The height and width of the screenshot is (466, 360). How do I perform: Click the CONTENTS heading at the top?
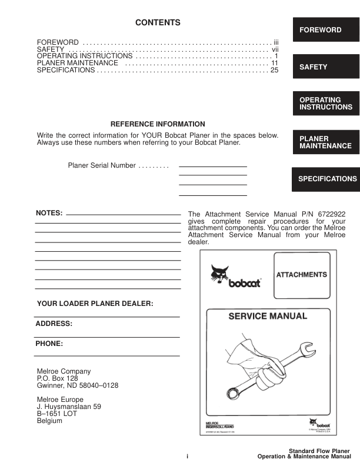pyautogui.click(x=158, y=23)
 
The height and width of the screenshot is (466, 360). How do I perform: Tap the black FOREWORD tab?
pyautogui.click(x=326, y=30)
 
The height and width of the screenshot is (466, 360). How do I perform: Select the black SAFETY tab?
pyautogui.click(x=326, y=67)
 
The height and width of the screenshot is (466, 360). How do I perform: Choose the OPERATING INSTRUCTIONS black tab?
pyautogui.click(x=326, y=104)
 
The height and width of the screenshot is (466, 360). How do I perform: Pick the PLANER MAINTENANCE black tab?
pyautogui.click(x=326, y=142)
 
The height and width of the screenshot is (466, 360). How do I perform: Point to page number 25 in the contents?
pyautogui.click(x=274, y=71)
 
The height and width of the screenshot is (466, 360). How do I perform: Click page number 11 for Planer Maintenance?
pyautogui.click(x=274, y=62)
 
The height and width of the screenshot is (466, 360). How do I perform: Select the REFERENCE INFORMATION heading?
pyautogui.click(x=158, y=124)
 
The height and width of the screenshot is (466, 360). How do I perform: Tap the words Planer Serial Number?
pyautogui.click(x=102, y=166)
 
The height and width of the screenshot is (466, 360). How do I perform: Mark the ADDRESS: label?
pyautogui.click(x=54, y=324)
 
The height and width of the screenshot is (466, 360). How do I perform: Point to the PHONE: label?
pyautogui.click(x=49, y=342)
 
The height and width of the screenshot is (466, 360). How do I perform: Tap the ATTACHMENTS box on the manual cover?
pyautogui.click(x=302, y=275)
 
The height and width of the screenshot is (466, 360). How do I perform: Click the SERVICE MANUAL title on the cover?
pyautogui.click(x=268, y=317)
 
